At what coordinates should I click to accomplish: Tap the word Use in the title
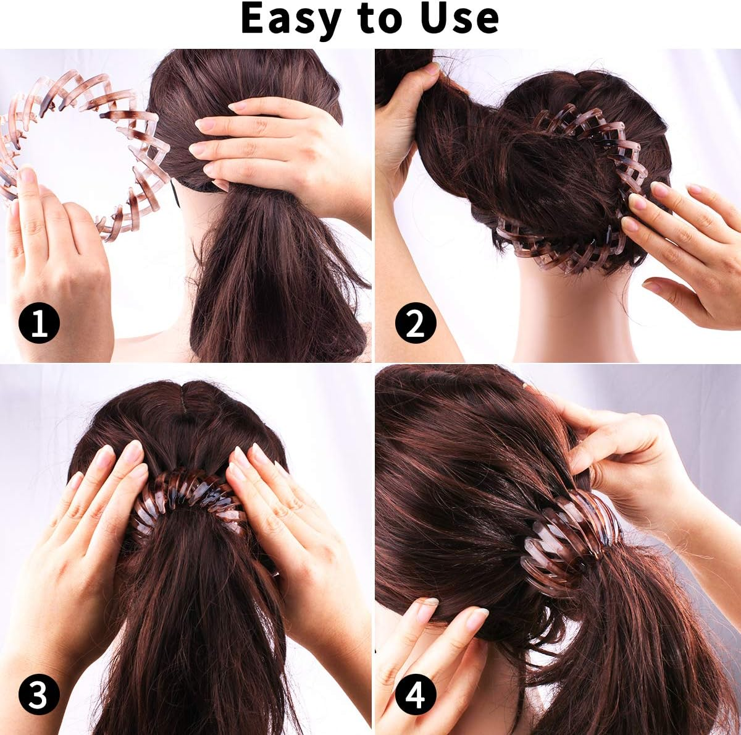(459, 19)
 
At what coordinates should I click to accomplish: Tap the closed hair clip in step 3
(185, 495)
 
